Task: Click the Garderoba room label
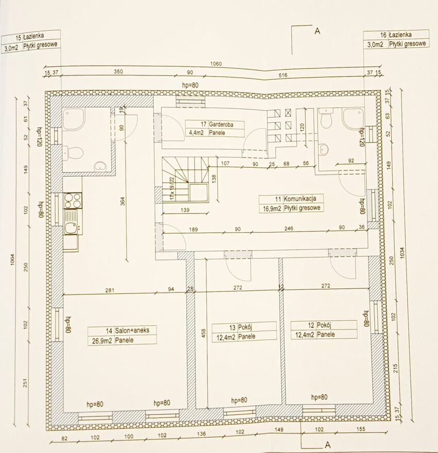click(215, 129)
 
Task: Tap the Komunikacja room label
click(291, 203)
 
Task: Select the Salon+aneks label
click(122, 335)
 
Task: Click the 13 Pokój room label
click(244, 332)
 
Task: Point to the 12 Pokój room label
click(324, 329)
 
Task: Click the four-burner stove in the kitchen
click(73, 200)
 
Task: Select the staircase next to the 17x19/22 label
click(185, 179)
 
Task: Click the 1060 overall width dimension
click(216, 63)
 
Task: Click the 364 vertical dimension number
click(122, 201)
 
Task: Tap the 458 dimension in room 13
click(203, 333)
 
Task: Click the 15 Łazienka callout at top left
click(31, 41)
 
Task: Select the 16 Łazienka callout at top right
click(396, 39)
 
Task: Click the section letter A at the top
click(317, 30)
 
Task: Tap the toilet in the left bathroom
click(74, 152)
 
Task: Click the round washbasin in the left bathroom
click(100, 166)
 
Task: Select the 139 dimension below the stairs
click(185, 210)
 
